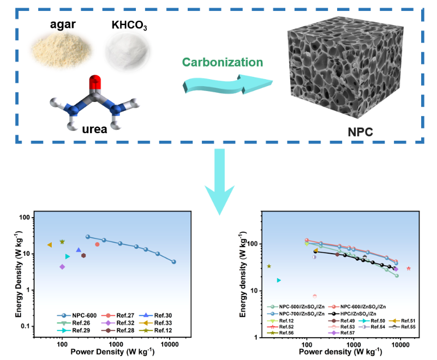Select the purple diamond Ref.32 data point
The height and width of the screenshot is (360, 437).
click(62, 267)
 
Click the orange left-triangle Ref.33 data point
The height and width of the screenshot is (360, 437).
click(50, 245)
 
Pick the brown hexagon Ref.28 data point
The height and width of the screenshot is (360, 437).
click(83, 255)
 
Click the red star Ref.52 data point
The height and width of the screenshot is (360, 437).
click(409, 268)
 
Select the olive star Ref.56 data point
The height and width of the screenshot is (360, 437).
click(268, 266)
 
